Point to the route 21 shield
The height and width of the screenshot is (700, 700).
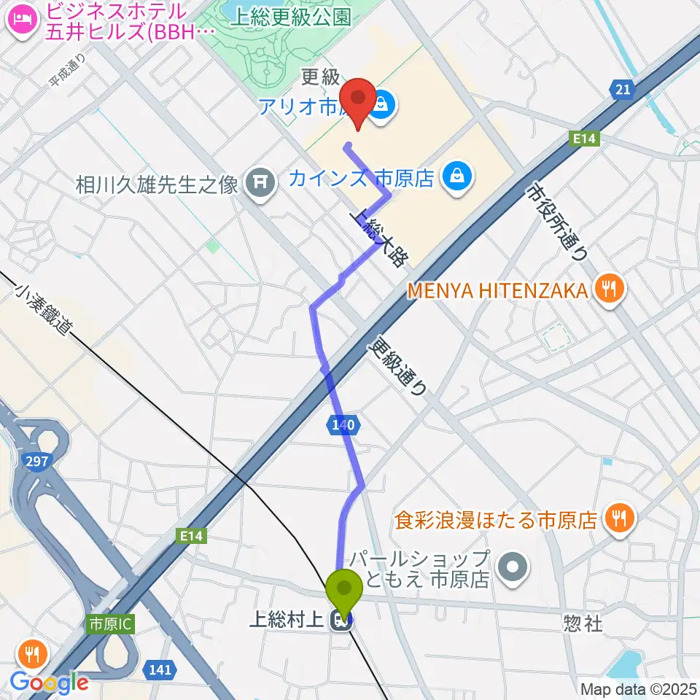click(621, 89)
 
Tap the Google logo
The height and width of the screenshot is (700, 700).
click(50, 682)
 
